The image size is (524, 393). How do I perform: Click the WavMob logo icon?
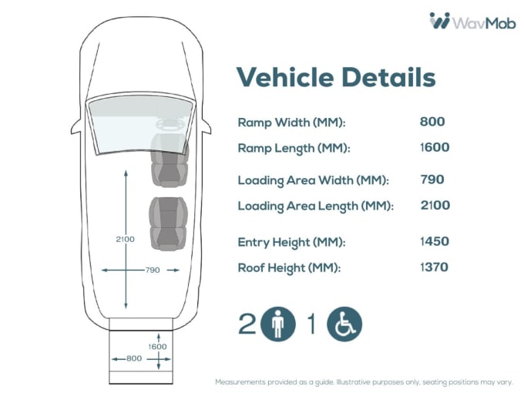[440, 21]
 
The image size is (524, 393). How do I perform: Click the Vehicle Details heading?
[335, 77]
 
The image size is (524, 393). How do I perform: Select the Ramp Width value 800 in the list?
[432, 121]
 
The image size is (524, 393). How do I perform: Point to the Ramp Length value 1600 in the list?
[435, 146]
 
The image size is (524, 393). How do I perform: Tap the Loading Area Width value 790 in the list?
[432, 180]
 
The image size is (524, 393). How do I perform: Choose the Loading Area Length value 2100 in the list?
[435, 205]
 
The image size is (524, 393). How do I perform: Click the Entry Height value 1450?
[435, 241]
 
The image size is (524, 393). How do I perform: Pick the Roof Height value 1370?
[435, 267]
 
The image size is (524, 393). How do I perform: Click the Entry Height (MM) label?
[291, 242]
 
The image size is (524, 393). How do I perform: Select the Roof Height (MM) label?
[289, 268]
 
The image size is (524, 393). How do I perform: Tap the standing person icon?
[277, 324]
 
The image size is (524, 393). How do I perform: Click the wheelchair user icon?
[344, 324]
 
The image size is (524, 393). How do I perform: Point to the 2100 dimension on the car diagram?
[125, 239]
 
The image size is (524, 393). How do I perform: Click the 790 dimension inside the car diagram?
[153, 270]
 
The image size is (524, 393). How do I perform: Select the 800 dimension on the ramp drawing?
[133, 358]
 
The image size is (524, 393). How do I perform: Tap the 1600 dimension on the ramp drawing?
[158, 347]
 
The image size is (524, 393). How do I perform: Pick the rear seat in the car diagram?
[167, 223]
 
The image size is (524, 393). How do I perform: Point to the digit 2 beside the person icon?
[247, 324]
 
